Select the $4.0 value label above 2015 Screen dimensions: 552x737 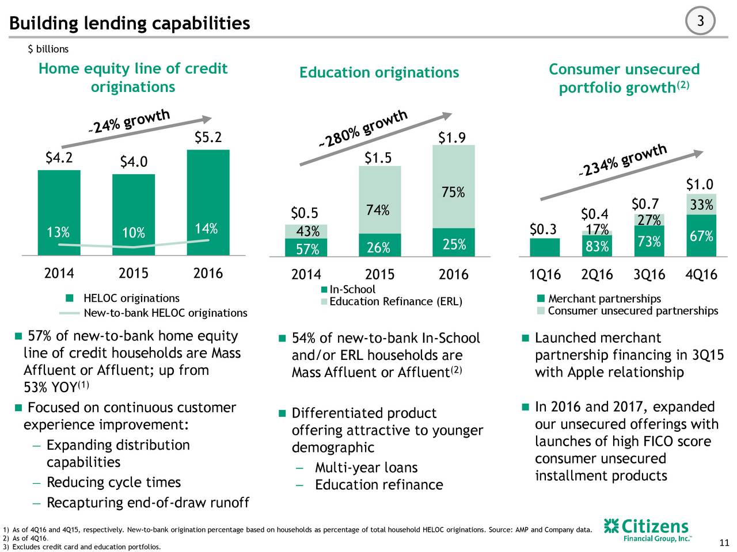[x=134, y=163]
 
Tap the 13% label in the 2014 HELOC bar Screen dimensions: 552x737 [x=58, y=232]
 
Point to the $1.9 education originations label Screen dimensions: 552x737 [x=452, y=137]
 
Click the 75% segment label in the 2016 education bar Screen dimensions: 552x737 [x=453, y=192]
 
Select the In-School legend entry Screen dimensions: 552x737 [x=348, y=289]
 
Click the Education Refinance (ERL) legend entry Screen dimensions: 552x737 [x=392, y=302]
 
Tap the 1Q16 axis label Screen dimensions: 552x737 [x=545, y=274]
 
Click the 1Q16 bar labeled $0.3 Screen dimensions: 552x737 [x=545, y=247]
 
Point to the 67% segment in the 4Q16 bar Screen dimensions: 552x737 [x=701, y=236]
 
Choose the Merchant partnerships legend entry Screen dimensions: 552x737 [x=599, y=298]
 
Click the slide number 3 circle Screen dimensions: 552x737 [x=701, y=22]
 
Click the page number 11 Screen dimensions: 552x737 [x=724, y=542]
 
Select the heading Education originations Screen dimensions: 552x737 [x=379, y=72]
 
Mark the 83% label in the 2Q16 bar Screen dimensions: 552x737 [x=597, y=247]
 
